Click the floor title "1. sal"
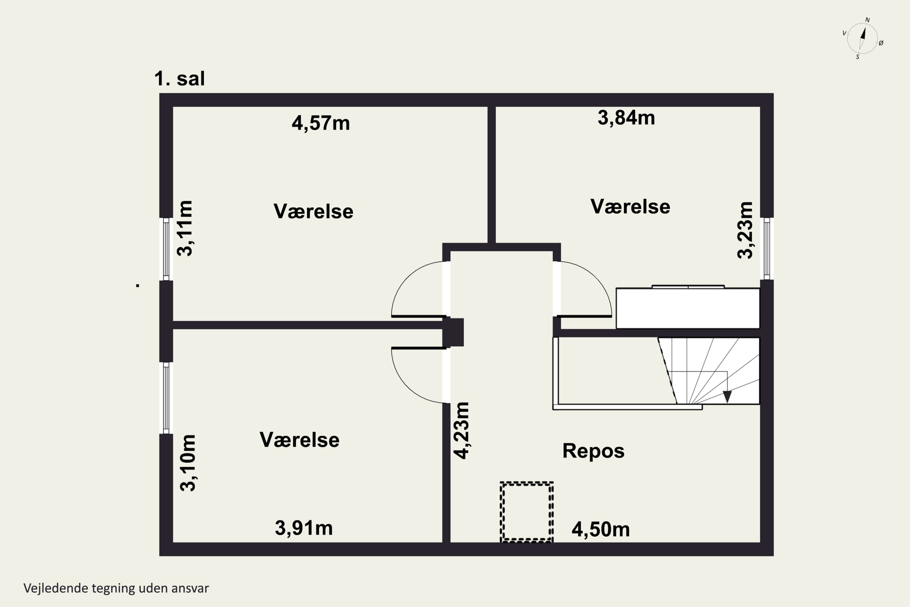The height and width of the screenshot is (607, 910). tap(180, 79)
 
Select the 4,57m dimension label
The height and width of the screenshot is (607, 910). tap(321, 124)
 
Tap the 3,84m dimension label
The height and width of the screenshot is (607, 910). tap(626, 118)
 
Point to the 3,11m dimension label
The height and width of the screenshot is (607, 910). tap(184, 229)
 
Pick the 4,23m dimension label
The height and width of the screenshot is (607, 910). tap(462, 430)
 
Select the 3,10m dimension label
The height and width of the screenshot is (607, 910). tap(188, 463)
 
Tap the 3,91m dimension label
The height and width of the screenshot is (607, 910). tap(304, 528)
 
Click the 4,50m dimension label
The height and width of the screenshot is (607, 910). tap(601, 530)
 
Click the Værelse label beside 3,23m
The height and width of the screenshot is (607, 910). tap(630, 206)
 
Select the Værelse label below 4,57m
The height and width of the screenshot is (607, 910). tap(313, 211)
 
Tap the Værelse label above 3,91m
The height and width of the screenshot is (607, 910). tap(299, 440)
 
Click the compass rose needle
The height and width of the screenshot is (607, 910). tap(862, 39)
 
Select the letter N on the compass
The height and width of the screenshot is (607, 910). tap(868, 20)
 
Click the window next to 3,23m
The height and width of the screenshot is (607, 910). tap(767, 249)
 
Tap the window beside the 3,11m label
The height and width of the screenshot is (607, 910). tap(166, 249)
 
